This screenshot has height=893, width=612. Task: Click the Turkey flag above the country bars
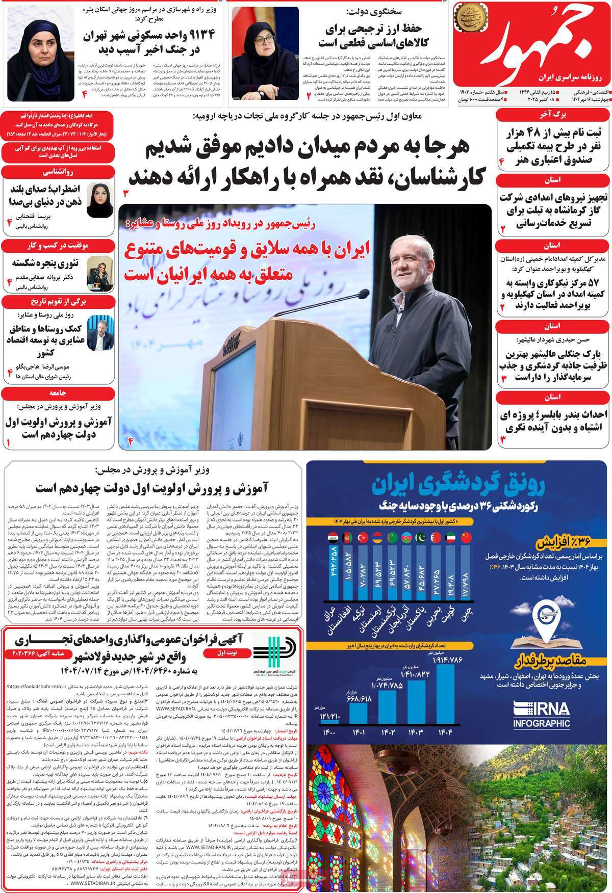364,537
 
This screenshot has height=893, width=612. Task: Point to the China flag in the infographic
467,537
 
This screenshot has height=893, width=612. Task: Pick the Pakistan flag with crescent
422,537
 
